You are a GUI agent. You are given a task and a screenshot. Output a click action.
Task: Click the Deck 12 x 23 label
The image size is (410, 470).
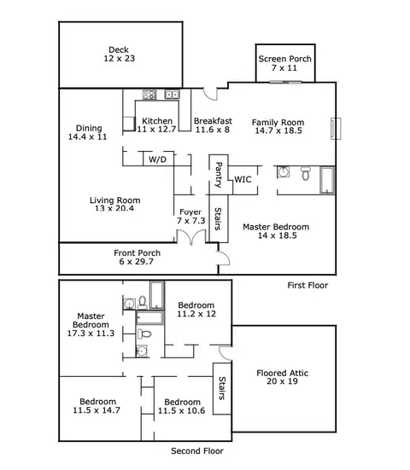click(x=120, y=54)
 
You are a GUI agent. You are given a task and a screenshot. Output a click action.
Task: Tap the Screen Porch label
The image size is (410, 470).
click(x=284, y=59)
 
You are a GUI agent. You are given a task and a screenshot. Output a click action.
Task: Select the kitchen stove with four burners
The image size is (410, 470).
click(x=149, y=95)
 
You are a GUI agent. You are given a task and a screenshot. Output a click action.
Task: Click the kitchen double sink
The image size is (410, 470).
click(x=172, y=95)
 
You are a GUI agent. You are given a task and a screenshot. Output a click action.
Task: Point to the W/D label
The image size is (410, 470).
click(x=157, y=160)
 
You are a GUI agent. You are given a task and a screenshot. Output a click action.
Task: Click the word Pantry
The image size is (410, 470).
click(x=219, y=175)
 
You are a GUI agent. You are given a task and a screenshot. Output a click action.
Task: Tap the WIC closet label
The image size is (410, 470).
click(x=243, y=179)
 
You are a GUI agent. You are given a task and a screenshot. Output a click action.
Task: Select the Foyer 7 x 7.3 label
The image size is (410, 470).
click(x=190, y=217)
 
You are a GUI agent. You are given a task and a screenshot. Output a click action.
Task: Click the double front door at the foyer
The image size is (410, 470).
click(x=191, y=237)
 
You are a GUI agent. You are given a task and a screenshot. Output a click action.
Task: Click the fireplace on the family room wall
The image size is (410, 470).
click(x=336, y=129)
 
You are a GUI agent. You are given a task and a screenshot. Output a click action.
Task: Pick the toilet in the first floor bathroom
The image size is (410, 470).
click(x=306, y=173)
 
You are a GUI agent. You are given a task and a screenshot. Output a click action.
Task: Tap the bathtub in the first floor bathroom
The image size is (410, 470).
click(x=327, y=180)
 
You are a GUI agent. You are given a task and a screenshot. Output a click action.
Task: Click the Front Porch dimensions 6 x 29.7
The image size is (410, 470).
click(x=137, y=262)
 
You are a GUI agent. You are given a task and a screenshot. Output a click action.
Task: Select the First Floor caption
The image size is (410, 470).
click(x=307, y=286)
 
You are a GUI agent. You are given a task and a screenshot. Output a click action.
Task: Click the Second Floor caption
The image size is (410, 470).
click(x=197, y=451)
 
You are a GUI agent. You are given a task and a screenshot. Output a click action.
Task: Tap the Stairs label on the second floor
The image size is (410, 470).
click(x=222, y=388)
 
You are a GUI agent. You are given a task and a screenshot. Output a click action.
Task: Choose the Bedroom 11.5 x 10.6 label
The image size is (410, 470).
click(x=182, y=407)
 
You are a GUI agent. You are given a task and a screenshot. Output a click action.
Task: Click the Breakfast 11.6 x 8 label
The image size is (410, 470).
click(x=213, y=125)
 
